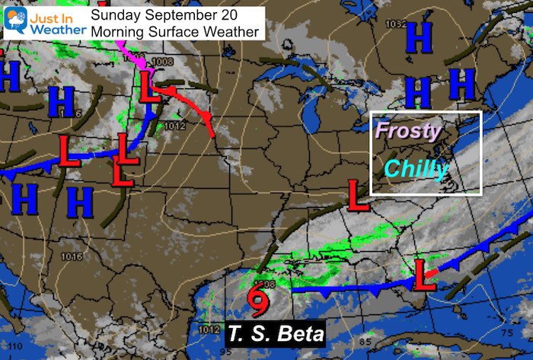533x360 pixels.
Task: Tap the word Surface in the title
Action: (x=193, y=31)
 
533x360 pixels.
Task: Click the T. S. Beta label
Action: (x=276, y=333)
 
